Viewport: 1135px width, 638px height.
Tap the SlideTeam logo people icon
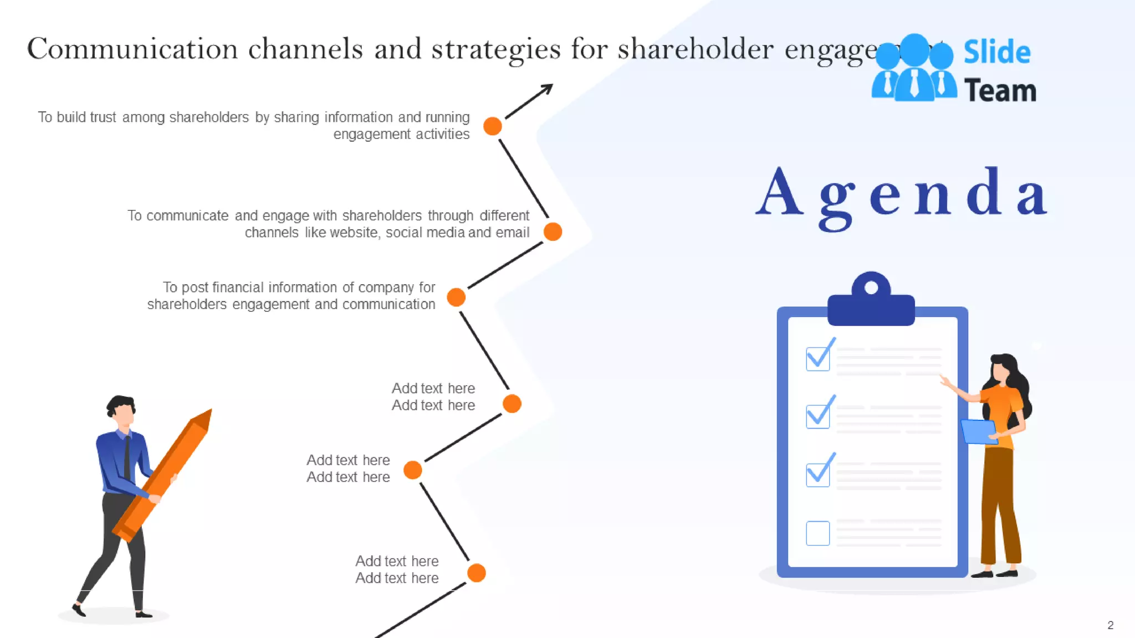coord(914,69)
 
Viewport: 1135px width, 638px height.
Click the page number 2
coord(1110,625)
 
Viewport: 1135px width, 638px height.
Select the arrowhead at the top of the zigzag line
coord(547,89)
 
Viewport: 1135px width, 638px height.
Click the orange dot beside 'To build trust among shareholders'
coord(492,126)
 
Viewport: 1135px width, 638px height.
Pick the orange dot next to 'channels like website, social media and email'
coord(553,231)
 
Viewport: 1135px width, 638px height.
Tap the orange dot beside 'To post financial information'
coord(456,297)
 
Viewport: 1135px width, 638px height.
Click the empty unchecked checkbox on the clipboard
coord(817,533)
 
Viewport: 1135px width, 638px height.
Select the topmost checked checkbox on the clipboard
coord(818,358)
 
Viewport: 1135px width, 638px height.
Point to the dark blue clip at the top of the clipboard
coord(871,302)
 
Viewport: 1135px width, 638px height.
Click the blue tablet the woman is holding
coord(979,431)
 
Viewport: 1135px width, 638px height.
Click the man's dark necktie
coord(127,456)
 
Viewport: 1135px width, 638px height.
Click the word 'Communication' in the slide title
coord(132,49)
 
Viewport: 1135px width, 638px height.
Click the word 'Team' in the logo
coord(1000,91)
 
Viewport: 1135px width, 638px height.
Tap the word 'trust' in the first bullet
coord(104,117)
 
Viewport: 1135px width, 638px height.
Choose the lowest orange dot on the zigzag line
coord(477,573)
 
